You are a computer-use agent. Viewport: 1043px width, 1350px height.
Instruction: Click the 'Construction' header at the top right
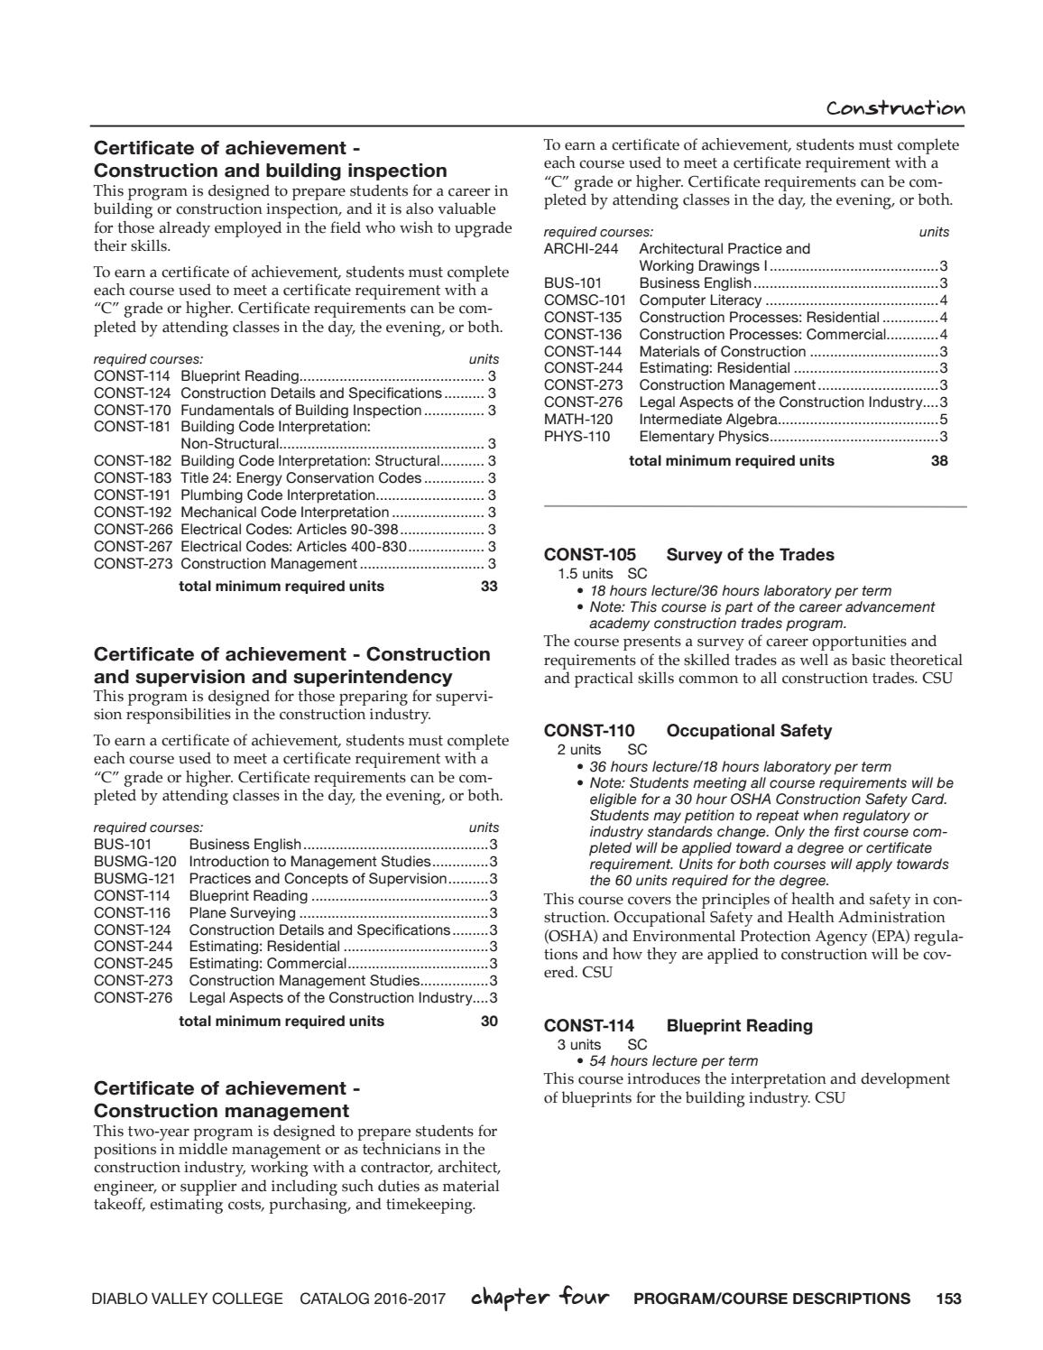click(x=895, y=108)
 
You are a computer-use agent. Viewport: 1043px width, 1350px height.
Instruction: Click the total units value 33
click(x=489, y=587)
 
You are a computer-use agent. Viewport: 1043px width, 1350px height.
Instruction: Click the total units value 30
click(x=489, y=1022)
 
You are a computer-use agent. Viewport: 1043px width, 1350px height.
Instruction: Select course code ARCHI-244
click(x=581, y=249)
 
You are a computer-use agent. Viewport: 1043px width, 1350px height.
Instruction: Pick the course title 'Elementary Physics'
click(x=704, y=437)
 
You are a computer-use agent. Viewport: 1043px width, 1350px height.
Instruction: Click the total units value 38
click(x=939, y=461)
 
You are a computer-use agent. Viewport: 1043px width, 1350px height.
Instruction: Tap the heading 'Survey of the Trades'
click(x=750, y=555)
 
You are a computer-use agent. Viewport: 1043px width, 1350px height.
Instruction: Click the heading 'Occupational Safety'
click(x=749, y=731)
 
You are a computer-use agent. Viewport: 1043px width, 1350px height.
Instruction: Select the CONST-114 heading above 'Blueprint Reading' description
click(x=588, y=1026)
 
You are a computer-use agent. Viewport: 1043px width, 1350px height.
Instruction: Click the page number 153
click(x=948, y=1299)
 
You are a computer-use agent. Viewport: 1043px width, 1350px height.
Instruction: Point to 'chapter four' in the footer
click(x=540, y=1299)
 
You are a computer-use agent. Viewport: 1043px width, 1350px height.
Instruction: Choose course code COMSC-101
click(x=585, y=301)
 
